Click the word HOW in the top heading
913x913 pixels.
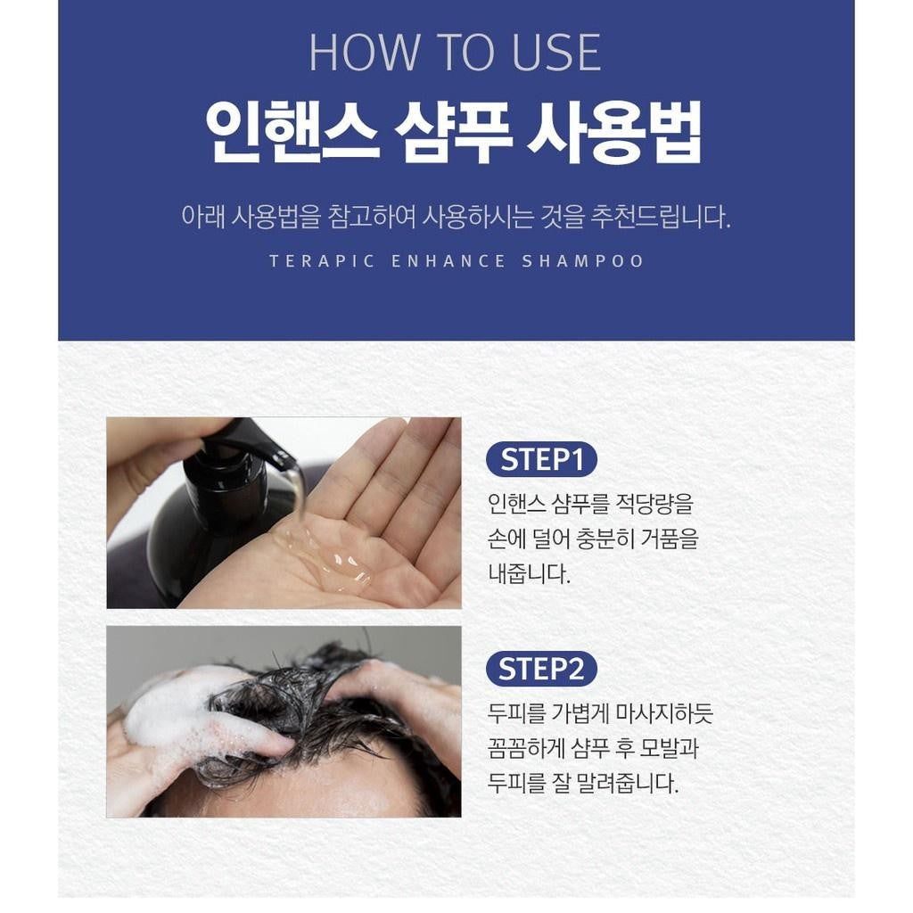364,53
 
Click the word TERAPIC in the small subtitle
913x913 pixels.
322,261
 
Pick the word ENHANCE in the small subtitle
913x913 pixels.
448,261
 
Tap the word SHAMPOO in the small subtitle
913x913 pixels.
583,261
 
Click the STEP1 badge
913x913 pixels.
541,459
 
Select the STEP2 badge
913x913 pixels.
541,669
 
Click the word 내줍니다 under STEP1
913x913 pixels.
529,574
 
